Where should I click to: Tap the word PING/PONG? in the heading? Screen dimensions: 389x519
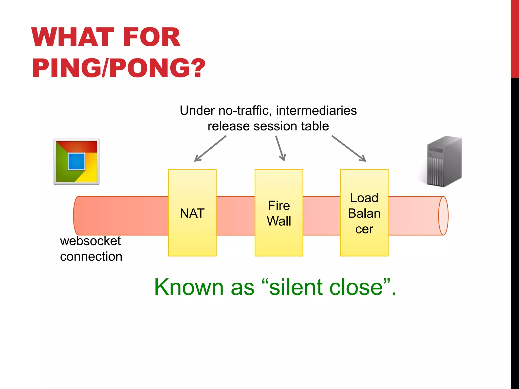click(x=119, y=68)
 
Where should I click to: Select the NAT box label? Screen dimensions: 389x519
click(x=192, y=213)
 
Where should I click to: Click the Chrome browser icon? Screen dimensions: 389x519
click(x=77, y=161)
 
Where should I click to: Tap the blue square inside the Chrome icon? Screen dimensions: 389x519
click(x=76, y=161)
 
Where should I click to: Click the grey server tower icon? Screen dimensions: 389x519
click(x=444, y=161)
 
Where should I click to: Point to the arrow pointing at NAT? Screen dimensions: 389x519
click(x=210, y=149)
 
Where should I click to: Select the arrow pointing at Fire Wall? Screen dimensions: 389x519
click(x=281, y=149)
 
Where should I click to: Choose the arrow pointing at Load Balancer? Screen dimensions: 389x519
click(x=349, y=149)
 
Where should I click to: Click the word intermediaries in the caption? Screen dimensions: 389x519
click(x=316, y=111)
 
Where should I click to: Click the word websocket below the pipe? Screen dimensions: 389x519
click(x=90, y=241)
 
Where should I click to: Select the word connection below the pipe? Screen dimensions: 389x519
click(x=91, y=257)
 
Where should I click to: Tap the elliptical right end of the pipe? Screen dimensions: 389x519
click(x=443, y=216)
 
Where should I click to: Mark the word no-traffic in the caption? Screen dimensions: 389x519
click(x=245, y=111)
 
